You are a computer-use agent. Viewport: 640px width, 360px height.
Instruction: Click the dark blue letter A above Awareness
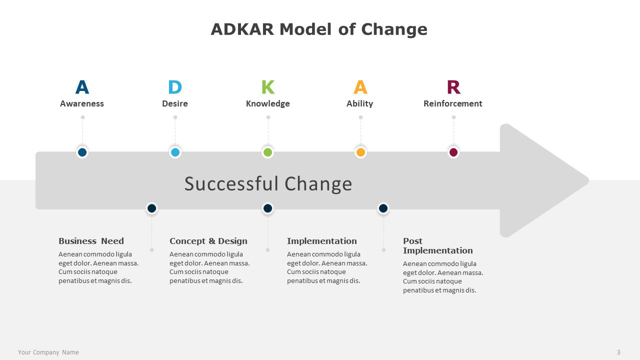coord(82,87)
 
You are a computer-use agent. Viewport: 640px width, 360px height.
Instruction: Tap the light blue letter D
coord(175,87)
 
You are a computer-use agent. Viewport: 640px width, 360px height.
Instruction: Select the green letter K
coord(268,87)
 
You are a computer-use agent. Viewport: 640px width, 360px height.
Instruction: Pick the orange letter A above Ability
coord(360,87)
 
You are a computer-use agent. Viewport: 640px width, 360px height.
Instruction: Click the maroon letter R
coord(453,87)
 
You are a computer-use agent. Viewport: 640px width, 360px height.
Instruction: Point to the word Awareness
coord(82,103)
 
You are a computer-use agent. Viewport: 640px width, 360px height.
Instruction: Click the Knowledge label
coord(268,103)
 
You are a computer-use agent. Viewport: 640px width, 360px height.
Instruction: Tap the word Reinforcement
coord(453,103)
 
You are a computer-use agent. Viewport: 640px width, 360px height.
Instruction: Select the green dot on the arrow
coord(267,152)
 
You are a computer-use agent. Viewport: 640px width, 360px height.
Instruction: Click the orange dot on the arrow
coord(361,152)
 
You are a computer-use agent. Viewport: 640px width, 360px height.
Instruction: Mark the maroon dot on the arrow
coord(453,152)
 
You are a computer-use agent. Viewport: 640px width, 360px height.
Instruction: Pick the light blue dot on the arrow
coord(175,152)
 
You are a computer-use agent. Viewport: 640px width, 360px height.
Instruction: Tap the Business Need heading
coord(91,241)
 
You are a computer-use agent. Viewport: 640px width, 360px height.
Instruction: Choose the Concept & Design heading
coord(208,241)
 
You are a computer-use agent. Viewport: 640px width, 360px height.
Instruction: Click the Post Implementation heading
coord(438,245)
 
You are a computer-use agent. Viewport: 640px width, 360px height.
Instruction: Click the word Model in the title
coord(305,29)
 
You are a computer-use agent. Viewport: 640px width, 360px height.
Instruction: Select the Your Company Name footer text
coord(48,352)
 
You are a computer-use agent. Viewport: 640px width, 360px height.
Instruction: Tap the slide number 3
coord(618,352)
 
